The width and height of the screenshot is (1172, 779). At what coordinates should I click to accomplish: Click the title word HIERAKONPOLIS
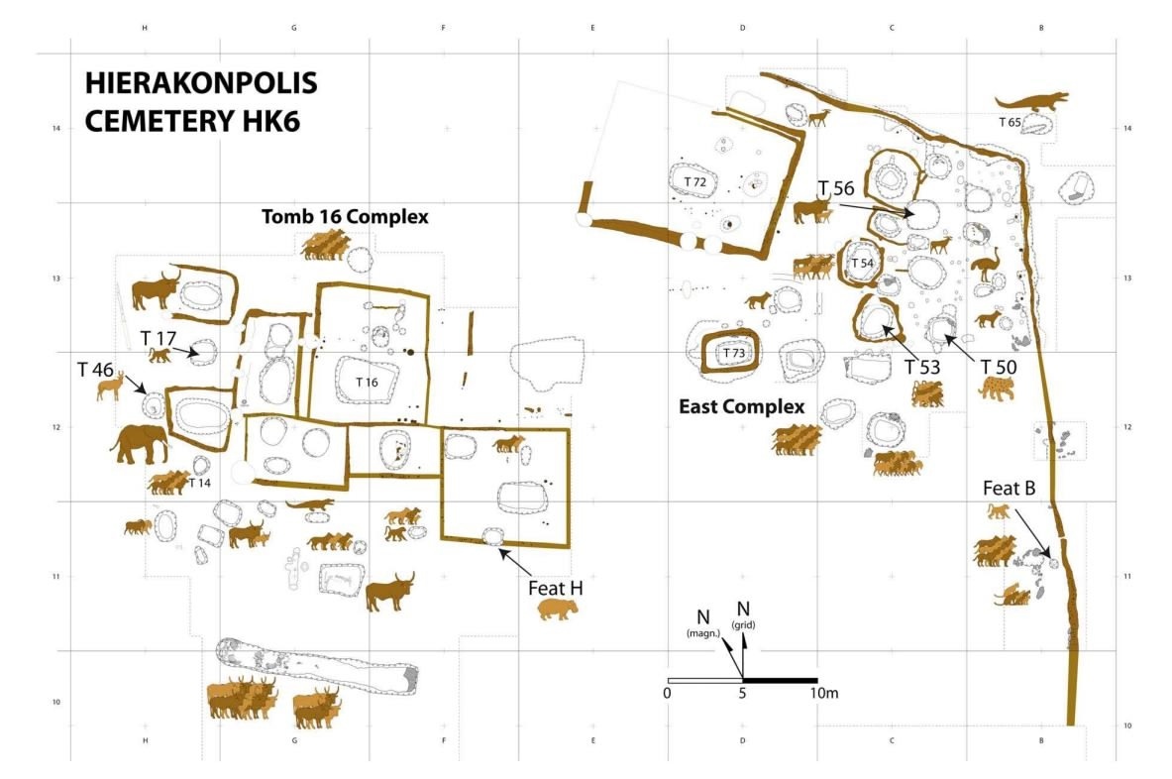pyautogui.click(x=201, y=83)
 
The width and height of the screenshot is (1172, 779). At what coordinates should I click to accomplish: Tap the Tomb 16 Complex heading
pyautogui.click(x=345, y=217)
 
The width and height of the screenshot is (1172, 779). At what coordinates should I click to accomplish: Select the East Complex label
pyautogui.click(x=741, y=406)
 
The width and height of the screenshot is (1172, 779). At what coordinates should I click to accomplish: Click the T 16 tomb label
pyautogui.click(x=367, y=382)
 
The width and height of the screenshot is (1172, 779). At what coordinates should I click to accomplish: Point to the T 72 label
pyautogui.click(x=695, y=181)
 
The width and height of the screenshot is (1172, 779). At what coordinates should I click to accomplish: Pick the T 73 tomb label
pyautogui.click(x=733, y=353)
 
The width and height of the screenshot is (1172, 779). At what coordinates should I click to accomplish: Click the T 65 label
pyautogui.click(x=1010, y=122)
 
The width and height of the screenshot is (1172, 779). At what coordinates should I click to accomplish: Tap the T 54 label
pyautogui.click(x=863, y=264)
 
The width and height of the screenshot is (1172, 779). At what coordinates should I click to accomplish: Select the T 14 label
pyautogui.click(x=199, y=483)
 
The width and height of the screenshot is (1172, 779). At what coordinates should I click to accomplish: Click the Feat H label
pyautogui.click(x=556, y=589)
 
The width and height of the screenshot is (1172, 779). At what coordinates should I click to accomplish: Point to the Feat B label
pyautogui.click(x=1009, y=489)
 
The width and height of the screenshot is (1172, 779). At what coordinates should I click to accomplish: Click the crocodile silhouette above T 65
pyautogui.click(x=1031, y=102)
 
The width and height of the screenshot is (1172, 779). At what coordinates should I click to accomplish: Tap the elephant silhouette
pyautogui.click(x=140, y=444)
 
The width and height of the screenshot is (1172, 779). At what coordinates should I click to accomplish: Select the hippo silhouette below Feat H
pyautogui.click(x=558, y=610)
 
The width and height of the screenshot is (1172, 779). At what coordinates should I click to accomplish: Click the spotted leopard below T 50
pyautogui.click(x=997, y=387)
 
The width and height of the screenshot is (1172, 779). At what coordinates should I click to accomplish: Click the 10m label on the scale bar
pyautogui.click(x=823, y=693)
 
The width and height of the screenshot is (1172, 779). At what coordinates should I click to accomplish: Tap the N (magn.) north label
pyautogui.click(x=702, y=623)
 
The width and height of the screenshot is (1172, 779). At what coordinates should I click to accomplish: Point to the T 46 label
pyautogui.click(x=96, y=370)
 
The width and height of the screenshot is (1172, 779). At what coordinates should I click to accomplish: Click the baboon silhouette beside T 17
pyautogui.click(x=160, y=355)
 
